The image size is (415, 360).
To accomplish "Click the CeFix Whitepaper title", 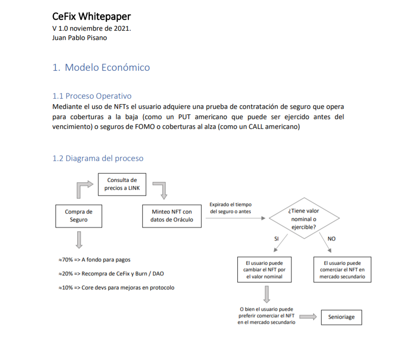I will coord(92,17).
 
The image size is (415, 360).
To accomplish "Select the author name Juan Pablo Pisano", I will coord(80,38).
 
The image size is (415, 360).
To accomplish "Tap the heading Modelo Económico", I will coord(101,67).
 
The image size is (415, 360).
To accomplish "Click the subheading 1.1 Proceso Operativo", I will coord(92,96).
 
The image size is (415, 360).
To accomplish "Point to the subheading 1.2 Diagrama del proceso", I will coord(98,158).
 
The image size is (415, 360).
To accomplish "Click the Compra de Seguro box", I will coord(78,216).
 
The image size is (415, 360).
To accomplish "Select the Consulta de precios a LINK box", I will coord(122,184).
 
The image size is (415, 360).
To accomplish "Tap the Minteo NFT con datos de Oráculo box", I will coord(172,216).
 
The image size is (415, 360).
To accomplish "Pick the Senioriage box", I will coord(341,317).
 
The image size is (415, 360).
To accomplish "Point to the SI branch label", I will coord(277,239).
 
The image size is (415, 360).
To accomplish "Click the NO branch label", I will coord(331,239).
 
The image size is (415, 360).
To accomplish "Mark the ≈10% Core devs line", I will coord(115,287).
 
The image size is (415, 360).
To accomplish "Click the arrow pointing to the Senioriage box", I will coord(308,317).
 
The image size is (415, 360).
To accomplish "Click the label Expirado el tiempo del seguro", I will coord(231,208).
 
